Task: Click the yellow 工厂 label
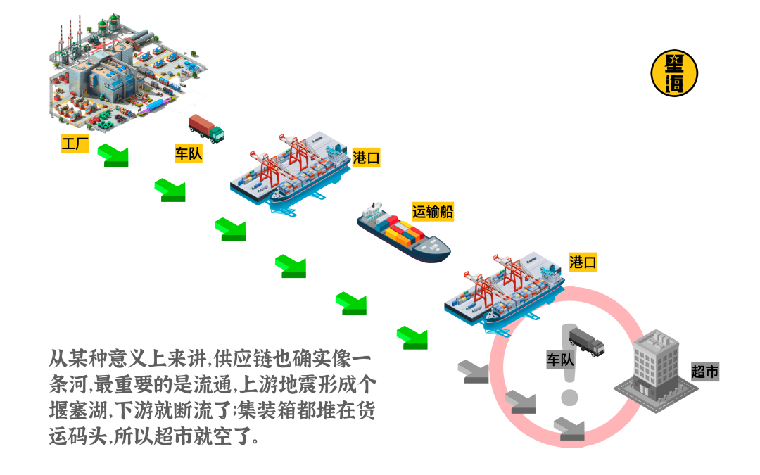pos(75,145)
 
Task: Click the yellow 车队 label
pos(188,153)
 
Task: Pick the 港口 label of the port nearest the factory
pos(366,158)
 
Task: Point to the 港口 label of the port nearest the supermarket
pos(583,262)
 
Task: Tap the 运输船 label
pos(432,211)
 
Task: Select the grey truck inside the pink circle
pos(586,341)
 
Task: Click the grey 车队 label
pos(561,360)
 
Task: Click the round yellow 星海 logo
pos(674,72)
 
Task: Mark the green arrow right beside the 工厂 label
pos(113,154)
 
